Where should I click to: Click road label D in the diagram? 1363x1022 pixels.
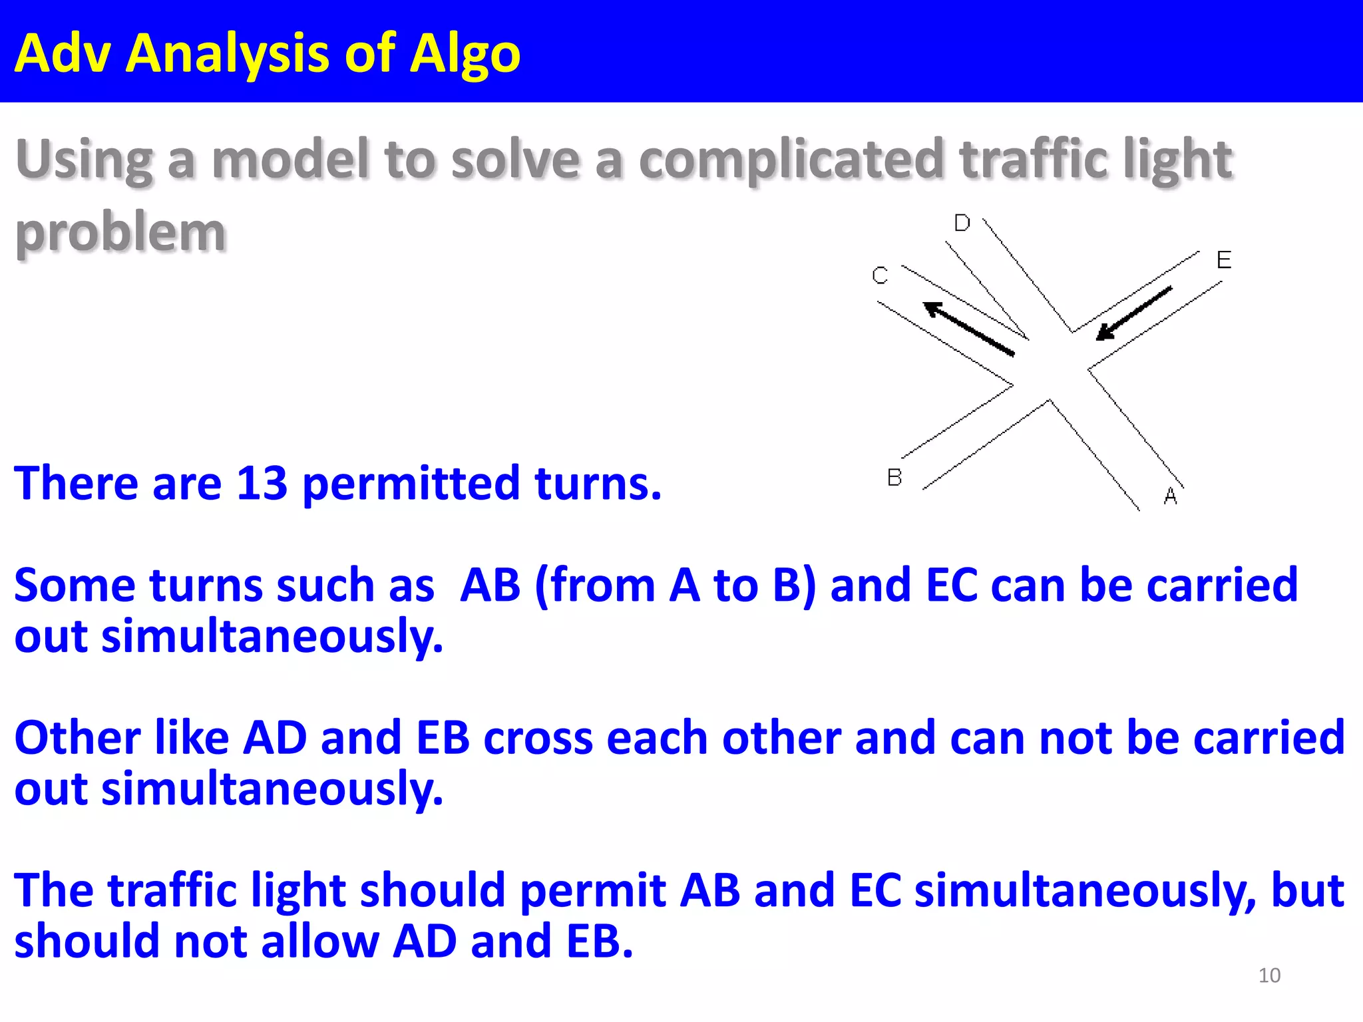point(962,223)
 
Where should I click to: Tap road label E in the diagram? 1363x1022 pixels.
point(1223,259)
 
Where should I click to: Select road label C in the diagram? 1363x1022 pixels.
point(880,275)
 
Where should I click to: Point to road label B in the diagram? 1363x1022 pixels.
point(894,477)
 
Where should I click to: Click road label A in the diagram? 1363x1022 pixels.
point(1171,496)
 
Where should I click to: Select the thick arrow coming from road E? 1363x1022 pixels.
point(1134,313)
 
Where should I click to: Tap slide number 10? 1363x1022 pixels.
point(1269,975)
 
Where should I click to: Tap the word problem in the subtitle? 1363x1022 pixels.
point(120,233)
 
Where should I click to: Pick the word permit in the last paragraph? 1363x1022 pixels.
point(592,892)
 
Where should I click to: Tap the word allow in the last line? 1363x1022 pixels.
point(319,941)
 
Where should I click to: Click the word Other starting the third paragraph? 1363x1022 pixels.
point(77,739)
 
